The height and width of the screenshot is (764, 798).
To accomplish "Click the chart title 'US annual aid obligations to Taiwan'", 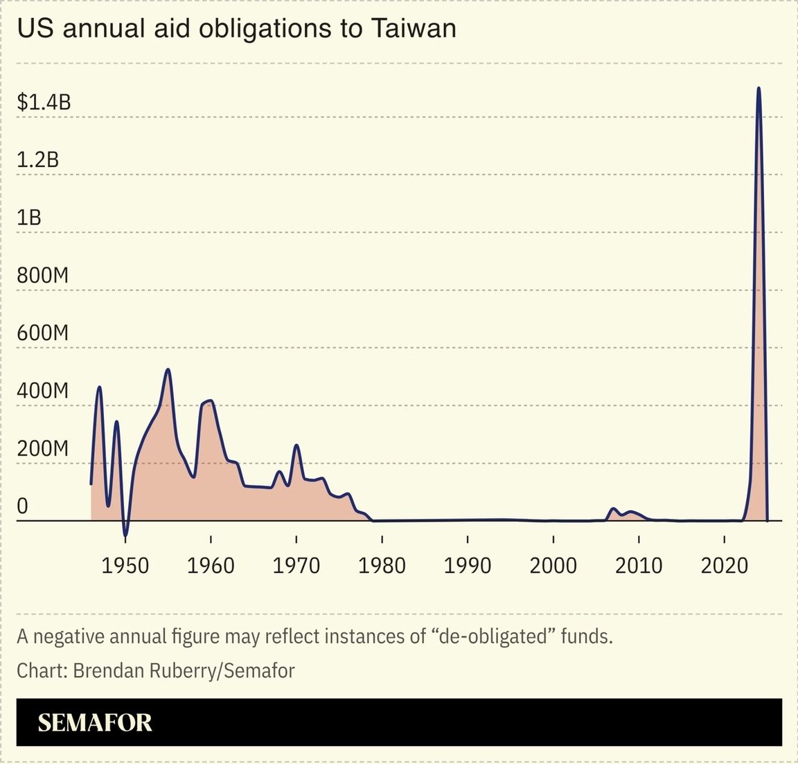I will [236, 28].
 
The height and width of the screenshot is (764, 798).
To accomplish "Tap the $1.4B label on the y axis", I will [44, 103].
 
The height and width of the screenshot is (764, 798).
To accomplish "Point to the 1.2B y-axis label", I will [38, 160].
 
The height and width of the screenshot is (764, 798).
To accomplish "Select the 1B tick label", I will [29, 217].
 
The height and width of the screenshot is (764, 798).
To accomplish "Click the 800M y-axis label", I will [43, 275].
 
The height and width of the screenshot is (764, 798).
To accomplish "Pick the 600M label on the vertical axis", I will [43, 332].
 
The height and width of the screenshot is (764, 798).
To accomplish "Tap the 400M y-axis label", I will [43, 391].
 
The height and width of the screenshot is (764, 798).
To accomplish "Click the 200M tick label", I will [43, 448].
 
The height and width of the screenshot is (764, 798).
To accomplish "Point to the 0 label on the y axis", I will [22, 506].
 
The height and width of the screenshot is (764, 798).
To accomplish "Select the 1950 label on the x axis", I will [125, 565].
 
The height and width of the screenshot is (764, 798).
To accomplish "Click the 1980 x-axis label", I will [382, 565].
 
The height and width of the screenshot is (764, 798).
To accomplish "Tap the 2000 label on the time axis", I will [553, 565].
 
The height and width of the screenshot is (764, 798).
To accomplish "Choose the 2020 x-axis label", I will [724, 565].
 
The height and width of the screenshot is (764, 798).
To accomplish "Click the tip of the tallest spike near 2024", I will [759, 88].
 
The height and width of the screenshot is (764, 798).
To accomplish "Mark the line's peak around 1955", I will [168, 370].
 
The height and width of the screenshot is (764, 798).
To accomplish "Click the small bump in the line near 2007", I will [613, 509].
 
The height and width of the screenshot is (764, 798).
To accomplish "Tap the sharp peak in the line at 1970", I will [296, 445].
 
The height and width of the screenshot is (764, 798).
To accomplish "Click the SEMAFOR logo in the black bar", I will [95, 722].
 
